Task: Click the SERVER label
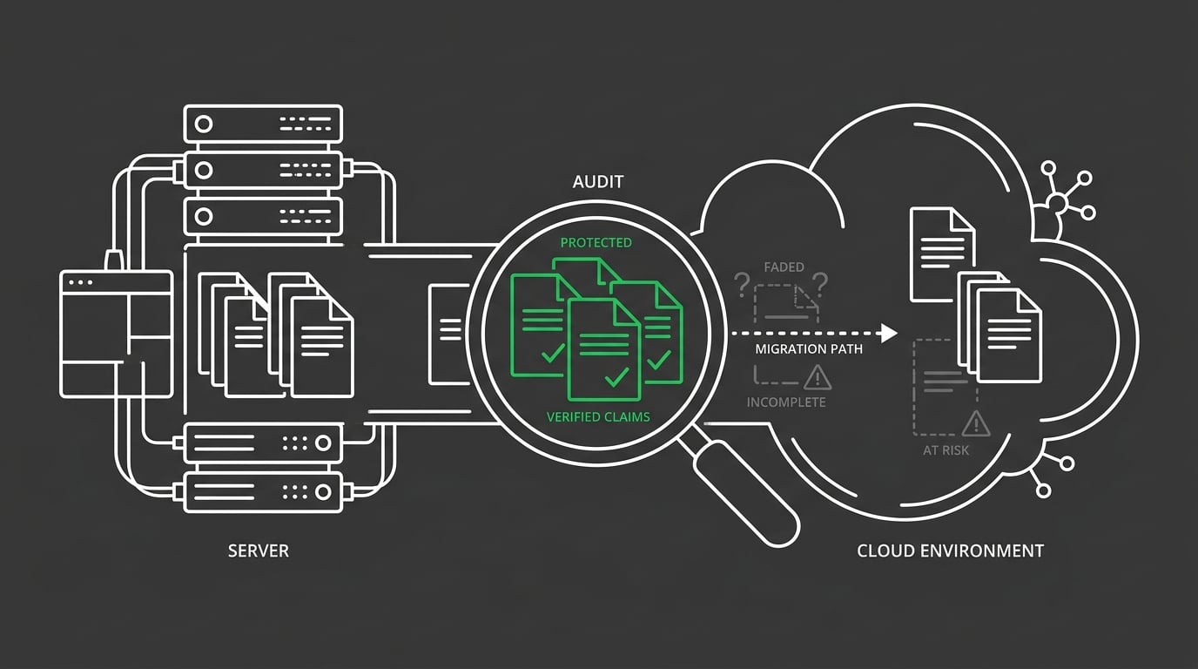[x=258, y=551]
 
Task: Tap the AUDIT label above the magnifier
[x=598, y=183]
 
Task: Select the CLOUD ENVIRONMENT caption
[x=950, y=551]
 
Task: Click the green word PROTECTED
[x=596, y=242]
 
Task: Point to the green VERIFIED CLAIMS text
[x=598, y=416]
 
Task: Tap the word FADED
[x=784, y=267]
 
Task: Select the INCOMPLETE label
[x=786, y=402]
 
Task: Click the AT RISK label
[x=946, y=450]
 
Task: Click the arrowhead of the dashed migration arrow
[x=888, y=333]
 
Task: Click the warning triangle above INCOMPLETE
[x=818, y=377]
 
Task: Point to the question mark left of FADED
[x=742, y=284]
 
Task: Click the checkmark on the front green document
[x=616, y=376]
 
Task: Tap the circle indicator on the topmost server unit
[x=203, y=124]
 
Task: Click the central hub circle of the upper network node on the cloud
[x=1056, y=204]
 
